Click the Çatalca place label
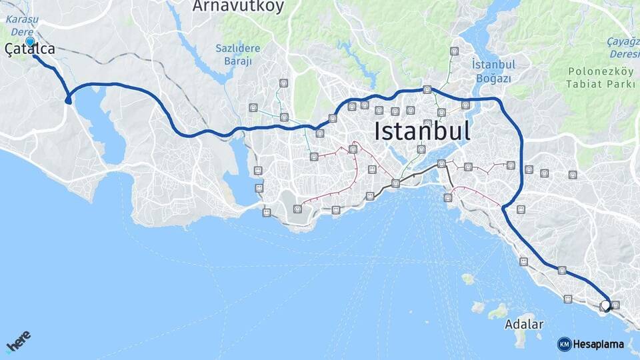[30, 49]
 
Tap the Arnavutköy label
[238, 7]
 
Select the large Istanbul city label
[422, 131]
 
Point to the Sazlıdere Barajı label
[233, 54]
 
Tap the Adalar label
[523, 325]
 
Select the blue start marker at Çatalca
[30, 41]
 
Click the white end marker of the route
[605, 305]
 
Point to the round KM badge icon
[564, 344]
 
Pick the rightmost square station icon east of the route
[573, 175]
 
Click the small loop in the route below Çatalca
[68, 99]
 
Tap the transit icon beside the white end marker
[615, 305]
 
